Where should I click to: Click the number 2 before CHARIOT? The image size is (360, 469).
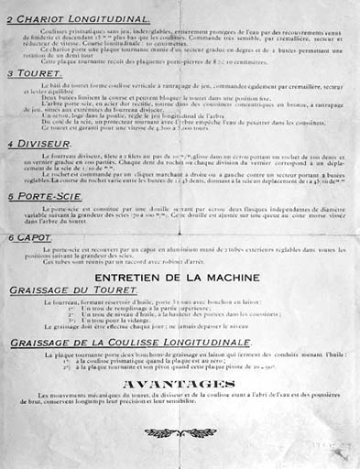(x=10, y=19)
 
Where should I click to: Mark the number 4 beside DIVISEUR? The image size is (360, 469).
(x=10, y=145)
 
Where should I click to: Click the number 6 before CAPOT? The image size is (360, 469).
(x=10, y=238)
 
